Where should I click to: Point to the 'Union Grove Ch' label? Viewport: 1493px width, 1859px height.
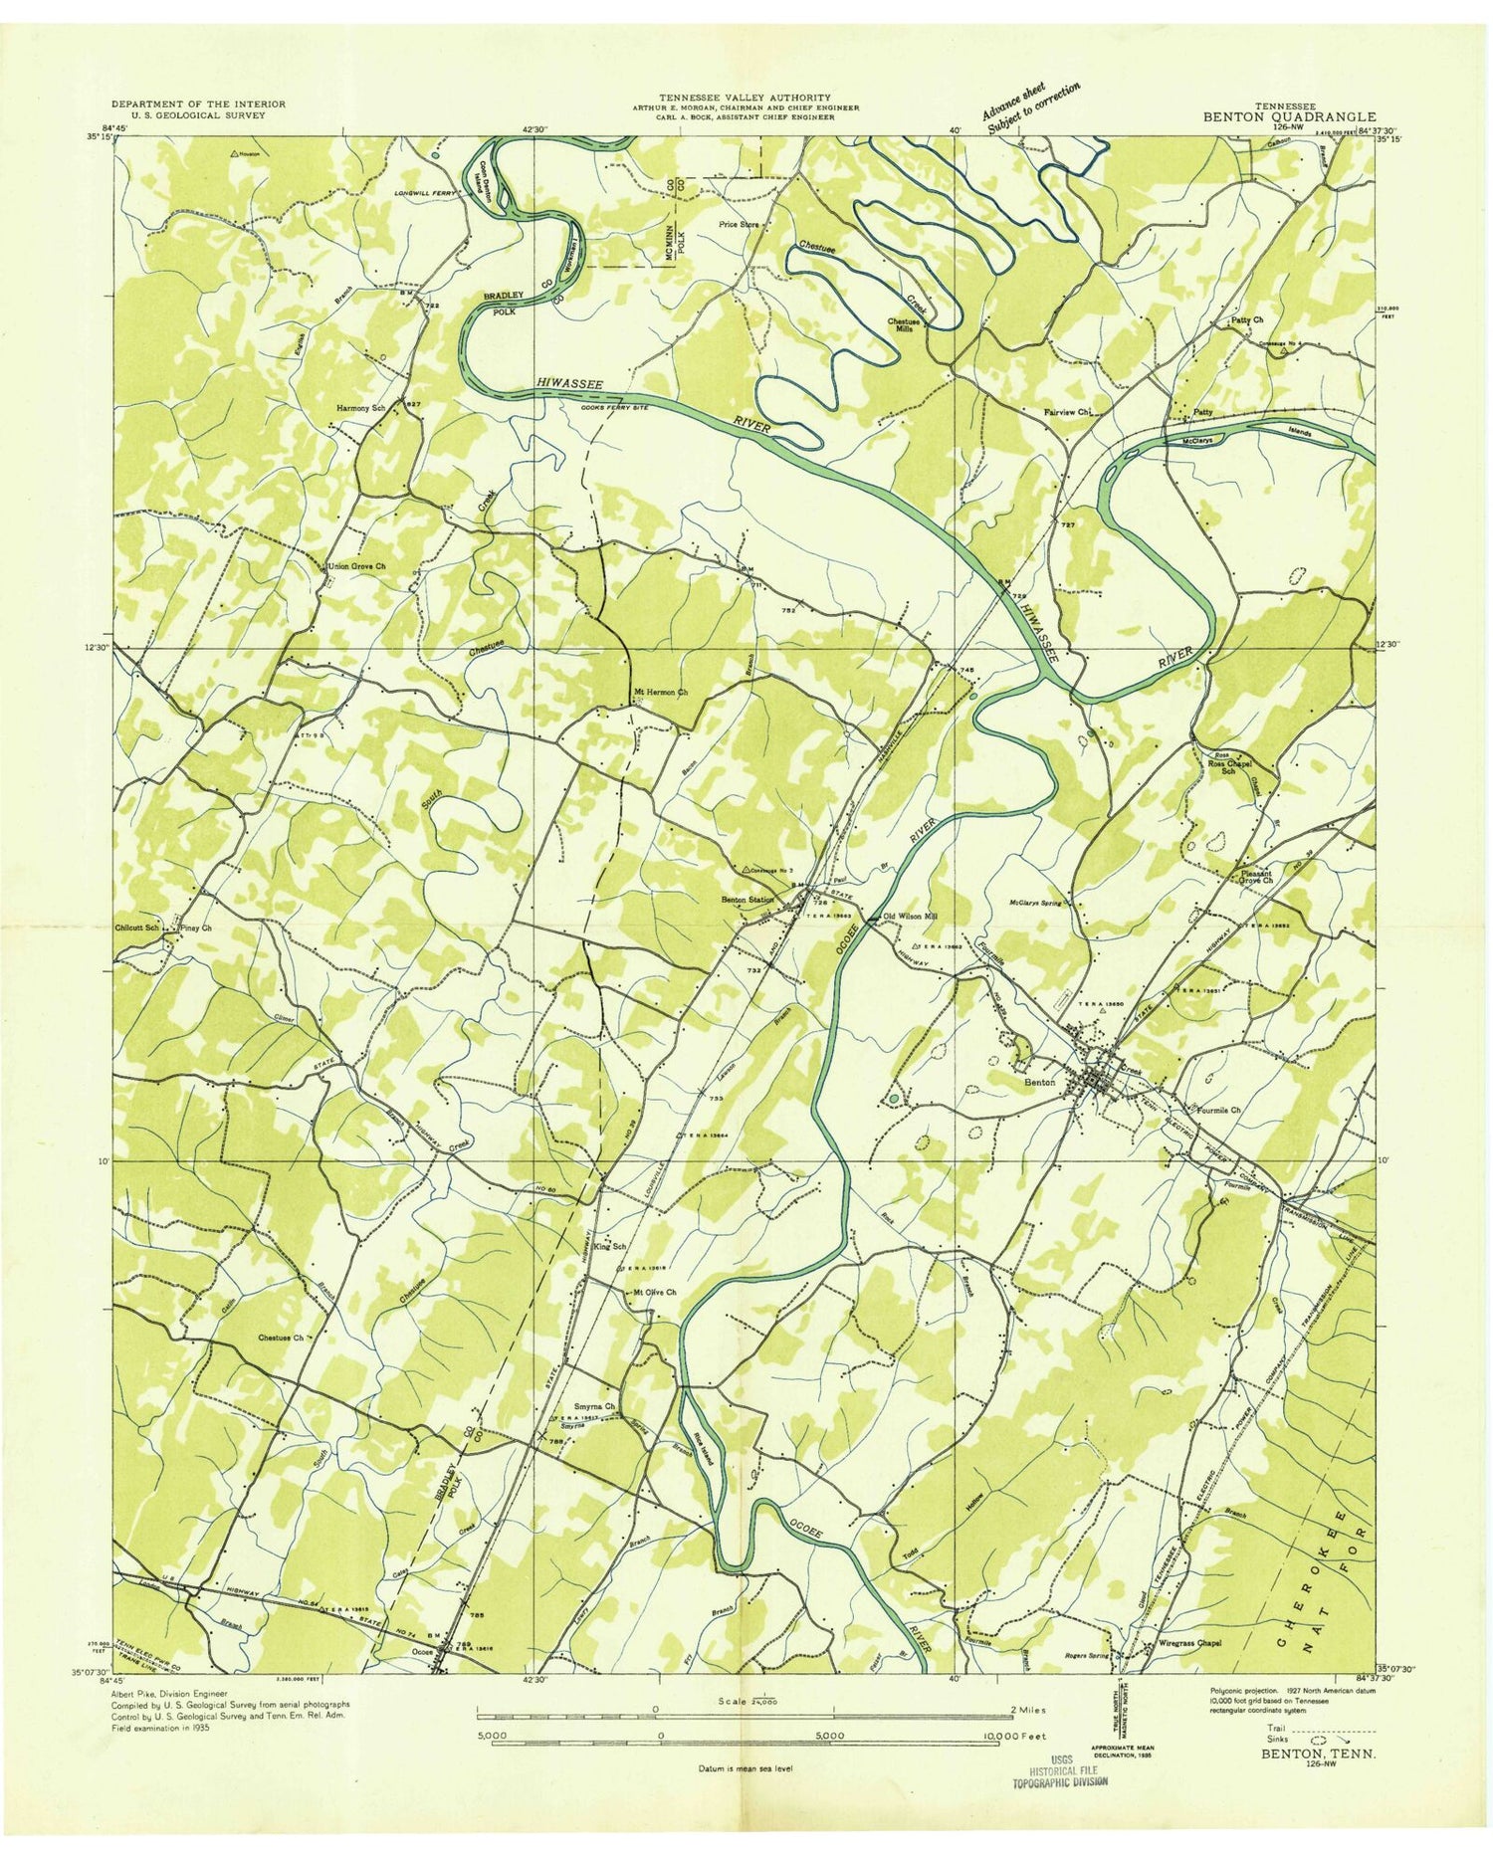(356, 566)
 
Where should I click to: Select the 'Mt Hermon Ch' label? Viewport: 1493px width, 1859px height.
(661, 691)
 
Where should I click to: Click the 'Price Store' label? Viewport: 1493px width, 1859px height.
(739, 225)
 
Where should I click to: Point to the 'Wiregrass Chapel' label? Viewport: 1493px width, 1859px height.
(1188, 1644)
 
